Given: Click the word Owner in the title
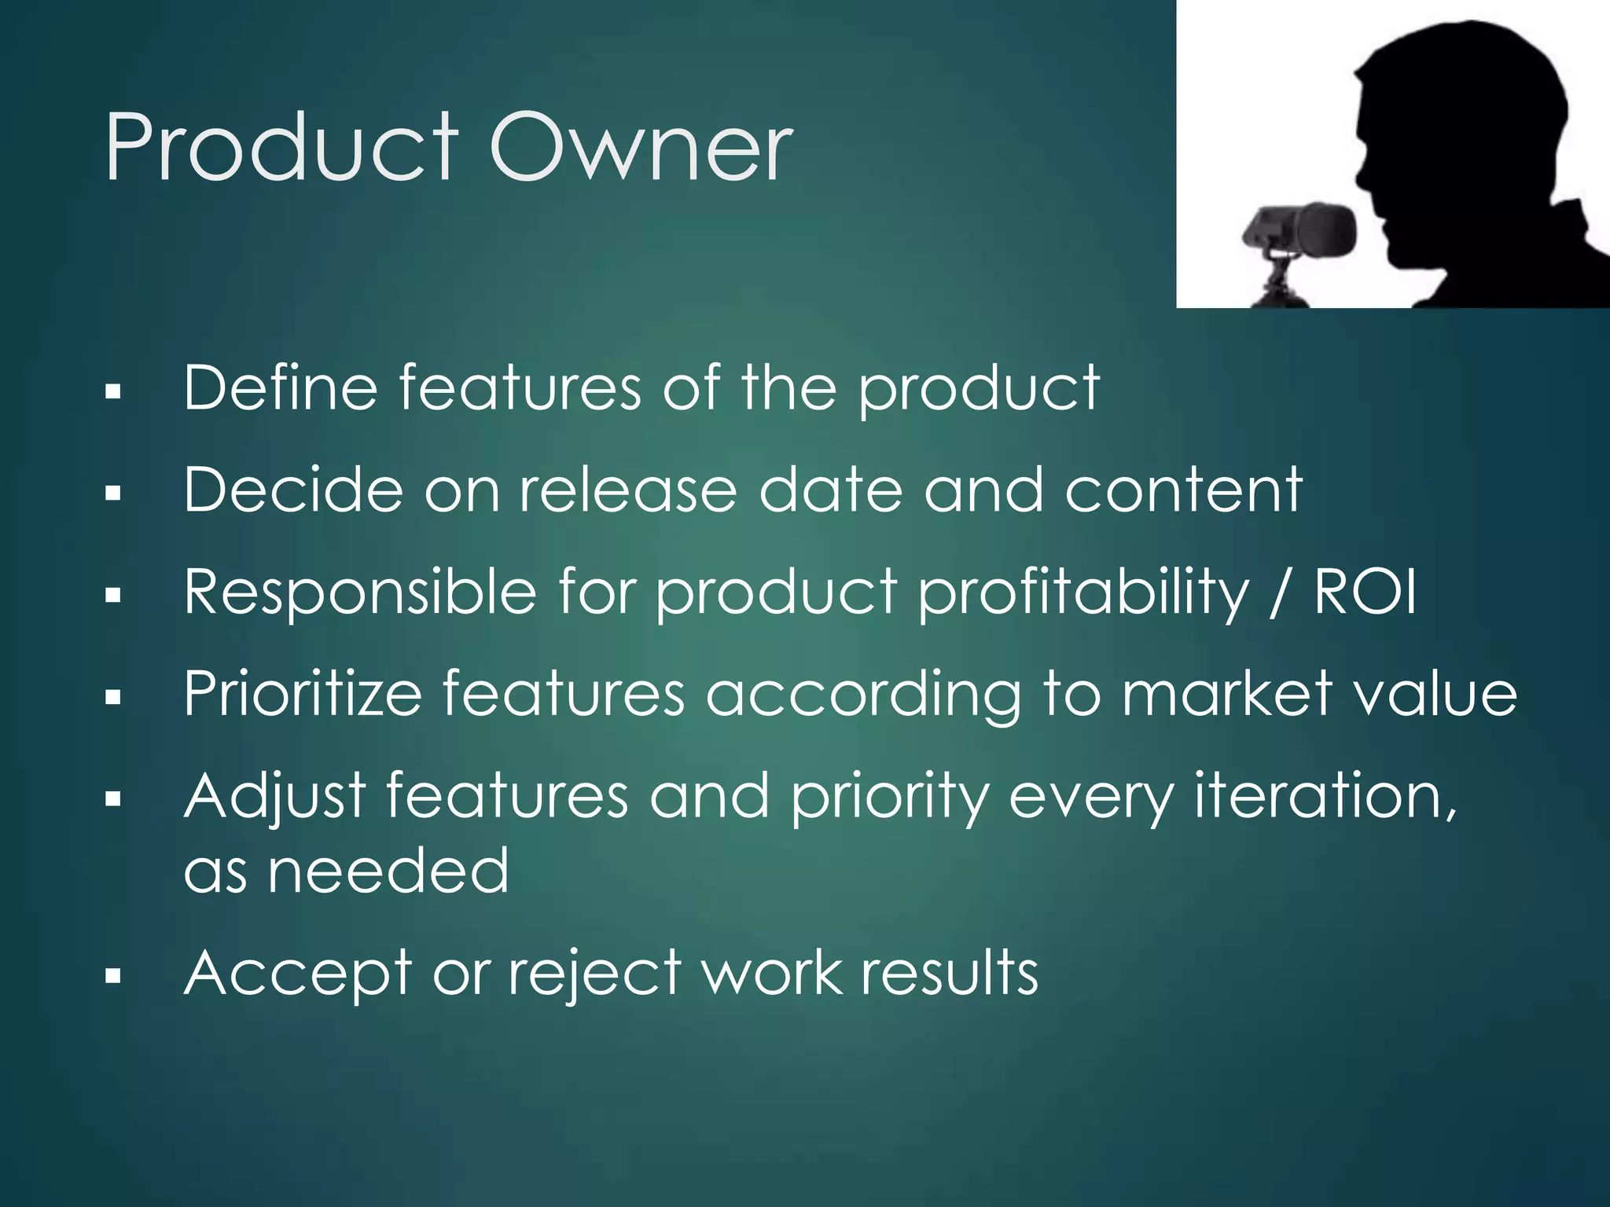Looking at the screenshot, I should click(x=641, y=147).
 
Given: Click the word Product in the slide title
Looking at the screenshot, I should click(x=281, y=147).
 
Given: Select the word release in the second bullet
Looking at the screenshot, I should click(x=628, y=490).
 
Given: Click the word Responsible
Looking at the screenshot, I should click(x=360, y=592).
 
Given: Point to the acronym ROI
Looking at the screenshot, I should click(x=1366, y=592).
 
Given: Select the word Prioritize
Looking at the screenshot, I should click(x=303, y=694).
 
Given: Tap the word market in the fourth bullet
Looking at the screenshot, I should click(x=1226, y=694).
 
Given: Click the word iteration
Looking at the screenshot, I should click(x=1325, y=796).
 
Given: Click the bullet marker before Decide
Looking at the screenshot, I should click(x=113, y=493).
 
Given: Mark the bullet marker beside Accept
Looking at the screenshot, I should click(x=113, y=977).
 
